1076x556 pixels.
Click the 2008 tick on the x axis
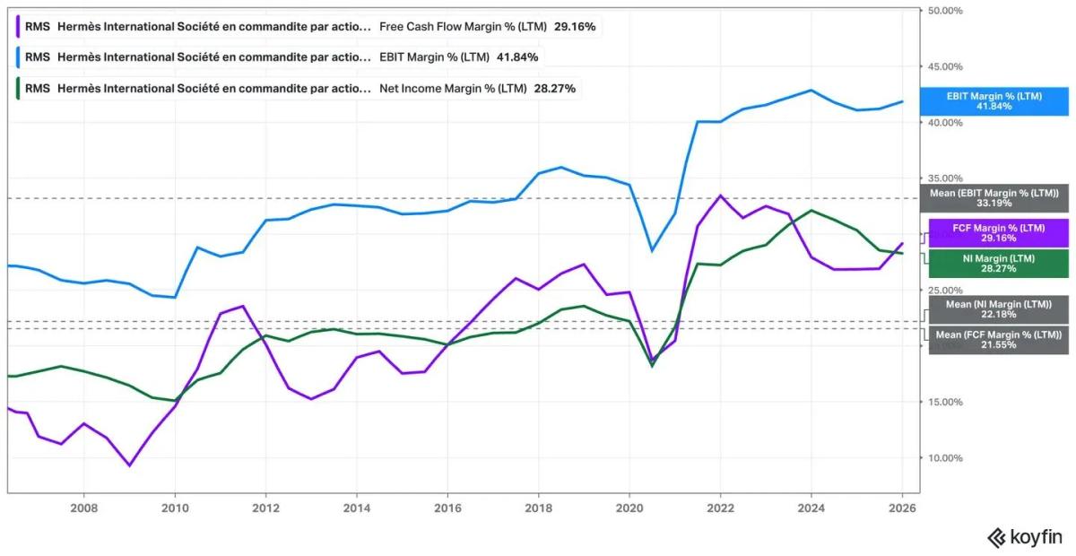tap(83, 506)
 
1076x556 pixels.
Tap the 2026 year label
tap(901, 506)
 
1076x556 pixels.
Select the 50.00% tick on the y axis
tap(945, 11)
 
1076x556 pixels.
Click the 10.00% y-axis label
tap(945, 458)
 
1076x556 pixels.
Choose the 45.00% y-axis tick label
tap(945, 66)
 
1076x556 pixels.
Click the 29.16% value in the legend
tap(574, 27)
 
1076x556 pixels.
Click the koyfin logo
tap(1024, 537)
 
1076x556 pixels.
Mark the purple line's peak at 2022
tap(719, 195)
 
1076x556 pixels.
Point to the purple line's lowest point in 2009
tap(130, 465)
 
